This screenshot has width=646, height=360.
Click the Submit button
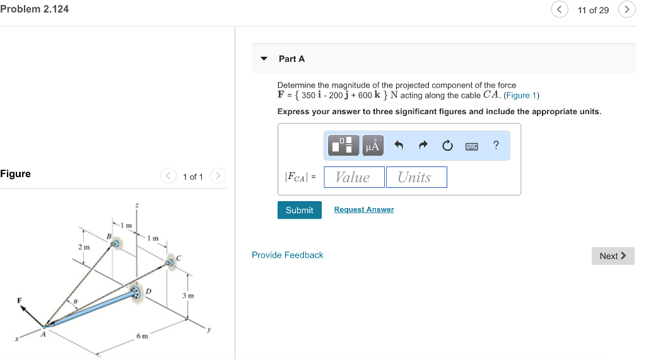299,210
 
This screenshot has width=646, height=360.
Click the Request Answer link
363,209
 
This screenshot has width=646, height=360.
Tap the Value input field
354,177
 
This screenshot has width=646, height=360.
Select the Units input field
416,177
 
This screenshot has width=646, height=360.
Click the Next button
613,255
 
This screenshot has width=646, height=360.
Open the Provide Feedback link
287,255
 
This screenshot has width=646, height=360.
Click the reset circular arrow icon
447,146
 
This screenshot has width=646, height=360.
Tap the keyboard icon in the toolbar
471,146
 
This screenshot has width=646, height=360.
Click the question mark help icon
496,146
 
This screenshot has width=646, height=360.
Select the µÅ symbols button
372,146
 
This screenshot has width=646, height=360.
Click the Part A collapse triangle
264,59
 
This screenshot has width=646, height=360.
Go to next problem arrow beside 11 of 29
626,9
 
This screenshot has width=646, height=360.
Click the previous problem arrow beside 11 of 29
560,9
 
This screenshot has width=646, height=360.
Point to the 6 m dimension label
143,336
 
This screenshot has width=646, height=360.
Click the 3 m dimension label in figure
188,295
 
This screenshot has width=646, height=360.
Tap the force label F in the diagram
19,300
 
